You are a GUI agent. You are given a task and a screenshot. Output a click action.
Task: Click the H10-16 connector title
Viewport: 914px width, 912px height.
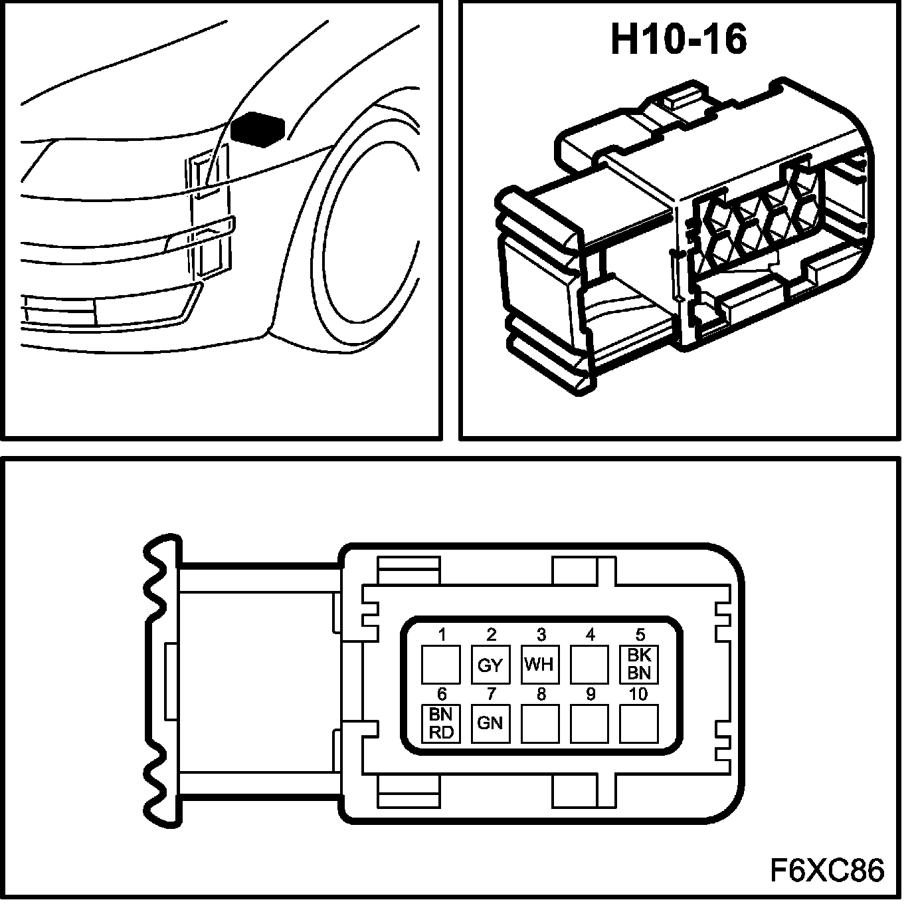point(679,39)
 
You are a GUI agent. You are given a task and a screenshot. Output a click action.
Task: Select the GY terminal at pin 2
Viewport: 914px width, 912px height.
point(490,664)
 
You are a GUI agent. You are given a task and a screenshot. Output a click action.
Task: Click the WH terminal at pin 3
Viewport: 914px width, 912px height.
point(540,664)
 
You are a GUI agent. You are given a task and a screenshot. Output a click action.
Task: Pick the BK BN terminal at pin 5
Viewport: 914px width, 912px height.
point(639,664)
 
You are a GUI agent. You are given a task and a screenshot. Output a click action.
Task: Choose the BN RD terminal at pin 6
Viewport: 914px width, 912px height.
point(441,723)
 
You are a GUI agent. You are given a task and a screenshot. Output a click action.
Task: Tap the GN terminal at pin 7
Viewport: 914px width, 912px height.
point(490,723)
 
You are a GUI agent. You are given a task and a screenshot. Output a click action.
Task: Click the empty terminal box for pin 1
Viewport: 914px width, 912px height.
point(441,664)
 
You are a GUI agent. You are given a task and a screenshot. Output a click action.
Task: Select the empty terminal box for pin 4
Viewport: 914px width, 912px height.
point(590,664)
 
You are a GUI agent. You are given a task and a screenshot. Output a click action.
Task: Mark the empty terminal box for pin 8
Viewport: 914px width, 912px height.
point(540,723)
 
